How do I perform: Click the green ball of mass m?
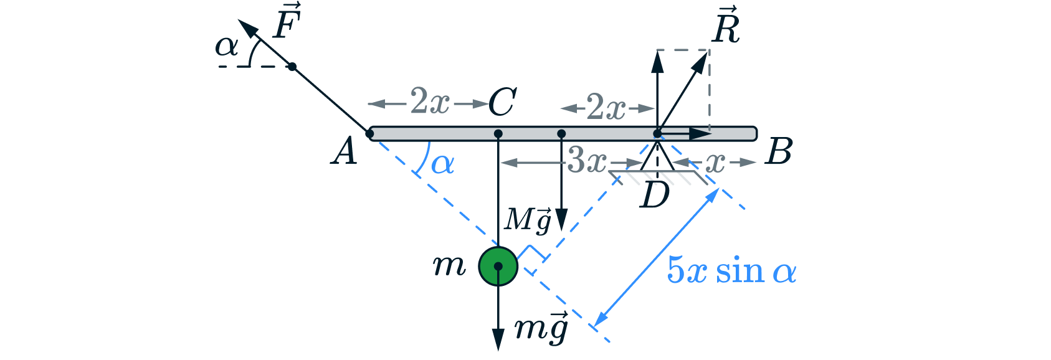click(x=498, y=266)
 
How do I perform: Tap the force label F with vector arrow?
click(x=287, y=24)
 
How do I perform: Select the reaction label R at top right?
click(x=726, y=27)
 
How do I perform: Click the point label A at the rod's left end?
click(x=345, y=151)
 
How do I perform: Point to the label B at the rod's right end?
click(x=779, y=151)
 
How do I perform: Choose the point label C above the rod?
click(x=502, y=102)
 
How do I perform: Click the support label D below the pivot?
click(x=654, y=196)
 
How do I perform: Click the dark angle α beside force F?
click(x=227, y=47)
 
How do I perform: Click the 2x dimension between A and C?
click(x=429, y=102)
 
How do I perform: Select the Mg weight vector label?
click(x=529, y=220)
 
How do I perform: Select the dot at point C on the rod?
click(x=498, y=134)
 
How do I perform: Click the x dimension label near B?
click(x=715, y=163)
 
